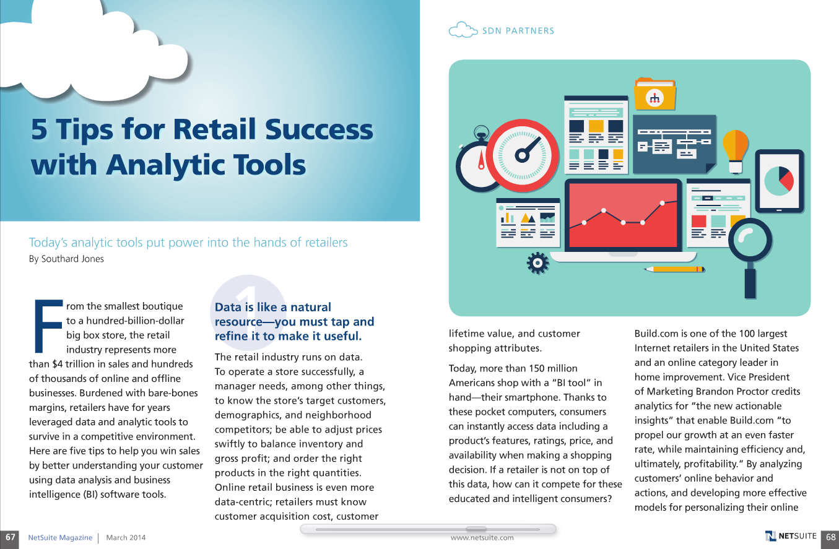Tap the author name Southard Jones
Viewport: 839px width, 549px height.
(73, 259)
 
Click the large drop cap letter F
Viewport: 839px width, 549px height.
(46, 326)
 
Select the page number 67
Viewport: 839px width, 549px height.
(10, 537)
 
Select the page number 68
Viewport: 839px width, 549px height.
(830, 537)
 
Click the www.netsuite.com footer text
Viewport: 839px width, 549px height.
(482, 537)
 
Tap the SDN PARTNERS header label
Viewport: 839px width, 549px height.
(518, 30)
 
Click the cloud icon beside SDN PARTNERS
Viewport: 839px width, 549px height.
(463, 30)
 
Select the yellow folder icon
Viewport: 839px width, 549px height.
(654, 93)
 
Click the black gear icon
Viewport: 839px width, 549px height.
(537, 263)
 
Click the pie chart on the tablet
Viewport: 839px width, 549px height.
(779, 179)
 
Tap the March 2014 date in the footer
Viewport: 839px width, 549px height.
(126, 537)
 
